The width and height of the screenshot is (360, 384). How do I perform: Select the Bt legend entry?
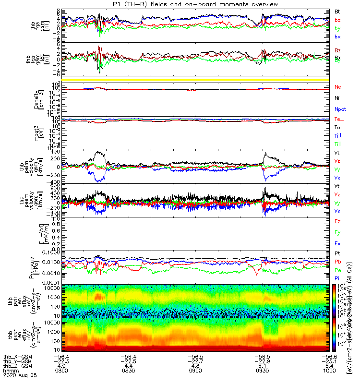(x=338, y=11)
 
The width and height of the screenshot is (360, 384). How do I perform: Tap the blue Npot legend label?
(x=340, y=110)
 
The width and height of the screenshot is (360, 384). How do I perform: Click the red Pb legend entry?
(x=338, y=262)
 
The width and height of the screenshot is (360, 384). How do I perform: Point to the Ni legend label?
(x=338, y=98)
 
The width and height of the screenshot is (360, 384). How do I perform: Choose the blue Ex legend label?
(x=338, y=245)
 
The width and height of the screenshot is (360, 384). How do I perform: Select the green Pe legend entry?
(x=338, y=270)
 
